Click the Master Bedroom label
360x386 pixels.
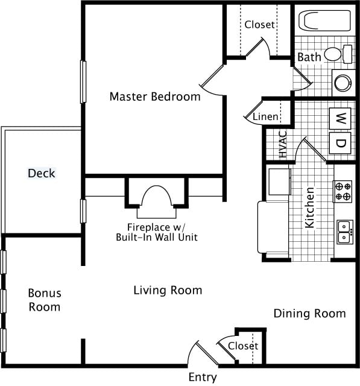coord(155,96)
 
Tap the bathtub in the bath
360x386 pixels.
coord(325,21)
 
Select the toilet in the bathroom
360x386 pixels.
coord(338,54)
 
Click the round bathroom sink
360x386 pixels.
coord(344,83)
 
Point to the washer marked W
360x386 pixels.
coord(340,118)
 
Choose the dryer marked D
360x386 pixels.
coord(340,143)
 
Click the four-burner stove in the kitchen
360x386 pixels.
coord(343,192)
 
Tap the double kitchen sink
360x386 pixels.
coord(345,232)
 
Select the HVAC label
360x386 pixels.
coord(283,144)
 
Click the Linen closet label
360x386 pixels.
coord(265,116)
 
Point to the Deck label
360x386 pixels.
coord(42,173)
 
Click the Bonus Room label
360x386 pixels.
coord(45,300)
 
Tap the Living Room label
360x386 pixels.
coord(168,290)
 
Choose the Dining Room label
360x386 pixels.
coord(309,314)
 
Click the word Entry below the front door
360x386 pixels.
coord(203,377)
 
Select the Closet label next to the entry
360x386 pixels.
coord(243,346)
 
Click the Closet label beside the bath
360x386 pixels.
coord(259,24)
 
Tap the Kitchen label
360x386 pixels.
coord(309,207)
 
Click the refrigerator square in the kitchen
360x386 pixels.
coord(280,182)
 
